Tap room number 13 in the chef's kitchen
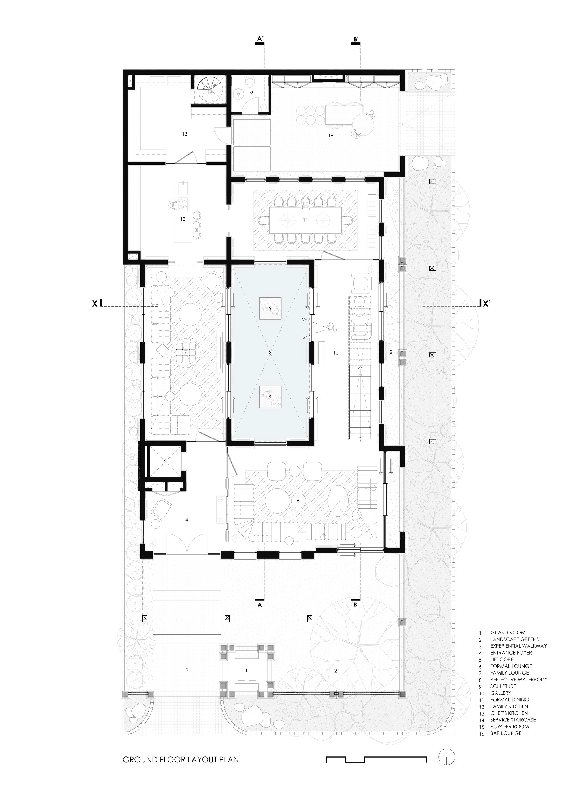click(185, 134)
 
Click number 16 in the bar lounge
click(331, 136)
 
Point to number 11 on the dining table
click(305, 220)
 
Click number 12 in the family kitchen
click(183, 219)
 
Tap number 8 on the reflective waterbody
click(270, 353)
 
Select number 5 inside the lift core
click(165, 461)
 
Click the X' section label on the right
click(487, 303)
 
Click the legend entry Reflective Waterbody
click(518, 679)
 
